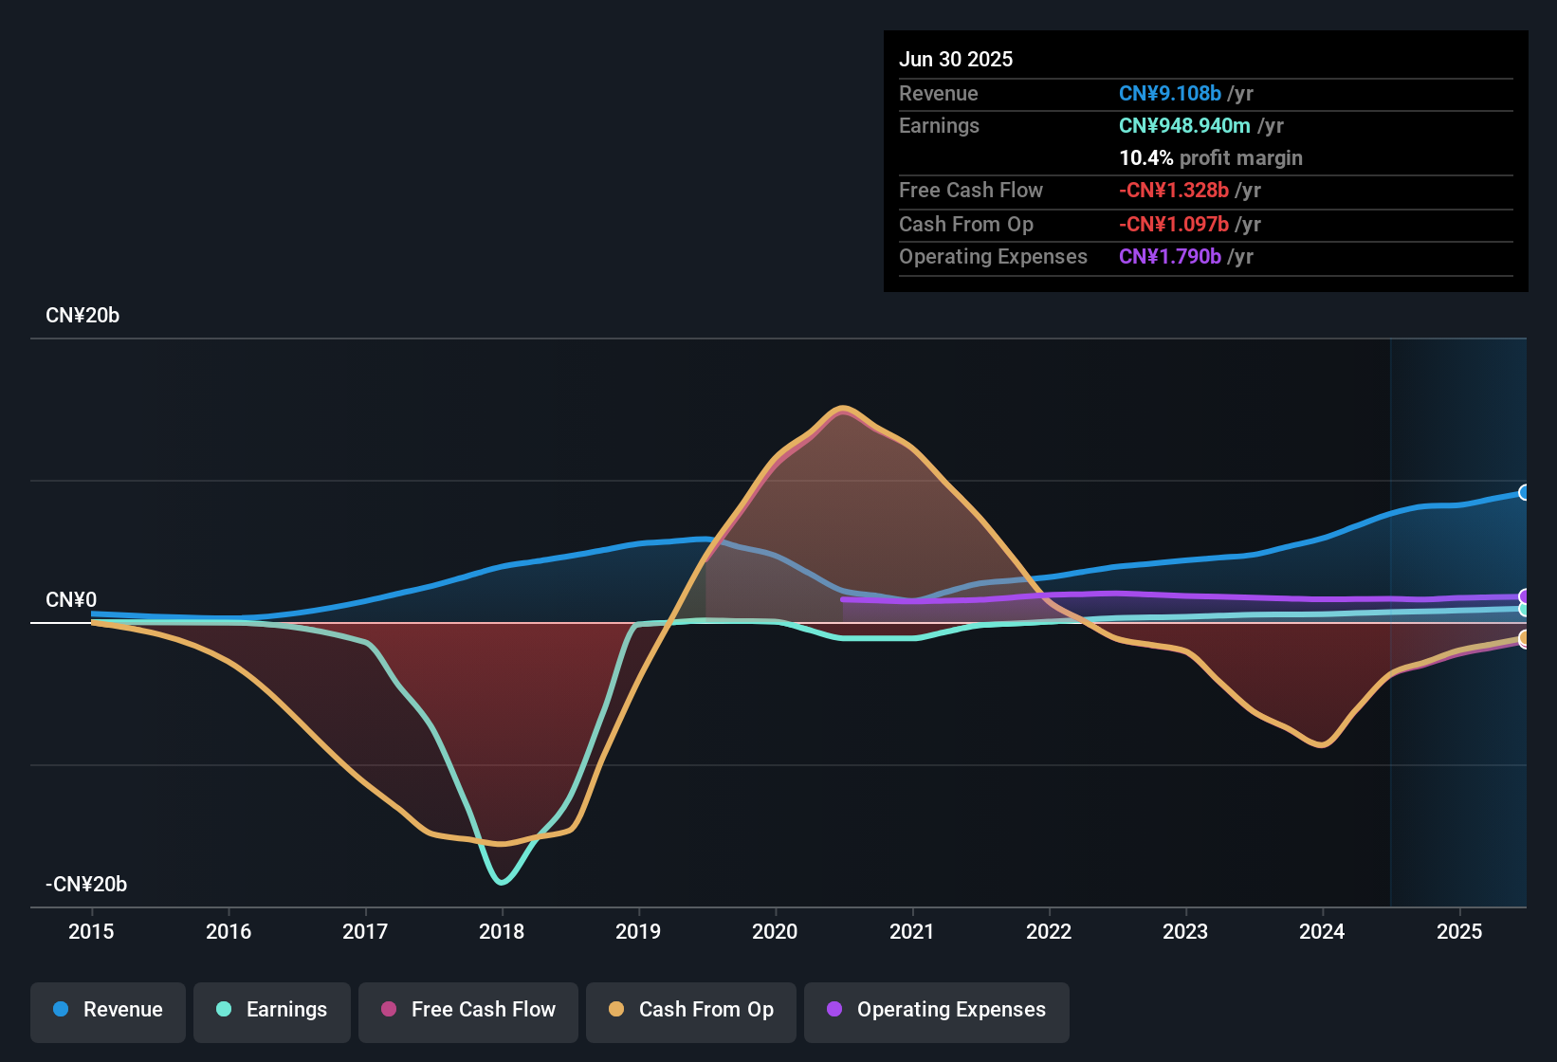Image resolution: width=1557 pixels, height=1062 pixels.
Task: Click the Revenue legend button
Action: point(108,1010)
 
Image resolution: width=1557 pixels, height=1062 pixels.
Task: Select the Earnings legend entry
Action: point(272,1010)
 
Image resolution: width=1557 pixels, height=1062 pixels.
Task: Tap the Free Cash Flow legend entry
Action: point(468,1010)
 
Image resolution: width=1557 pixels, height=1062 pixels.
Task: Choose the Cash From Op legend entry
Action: point(691,1010)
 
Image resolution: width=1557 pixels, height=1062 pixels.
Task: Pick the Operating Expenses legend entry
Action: point(937,1010)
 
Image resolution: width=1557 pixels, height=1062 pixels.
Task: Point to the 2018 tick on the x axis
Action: point(502,931)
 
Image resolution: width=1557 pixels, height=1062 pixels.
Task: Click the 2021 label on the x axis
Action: point(912,931)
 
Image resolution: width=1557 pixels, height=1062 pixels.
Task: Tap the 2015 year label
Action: point(91,931)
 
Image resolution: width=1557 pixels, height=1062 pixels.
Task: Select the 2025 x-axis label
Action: point(1459,931)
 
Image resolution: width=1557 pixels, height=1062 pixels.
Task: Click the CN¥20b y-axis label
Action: point(82,316)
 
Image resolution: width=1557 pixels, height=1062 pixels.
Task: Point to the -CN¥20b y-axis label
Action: point(86,885)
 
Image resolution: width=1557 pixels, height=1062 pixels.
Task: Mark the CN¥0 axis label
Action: point(71,600)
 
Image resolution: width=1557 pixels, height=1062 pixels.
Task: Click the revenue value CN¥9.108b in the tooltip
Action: point(1169,94)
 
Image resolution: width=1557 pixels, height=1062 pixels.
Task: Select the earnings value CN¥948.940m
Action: point(1183,126)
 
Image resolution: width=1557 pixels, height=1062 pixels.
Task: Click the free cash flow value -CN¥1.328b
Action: point(1173,191)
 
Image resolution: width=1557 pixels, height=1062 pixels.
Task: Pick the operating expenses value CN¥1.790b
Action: point(1169,257)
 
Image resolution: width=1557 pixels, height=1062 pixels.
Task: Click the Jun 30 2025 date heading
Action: point(956,60)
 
